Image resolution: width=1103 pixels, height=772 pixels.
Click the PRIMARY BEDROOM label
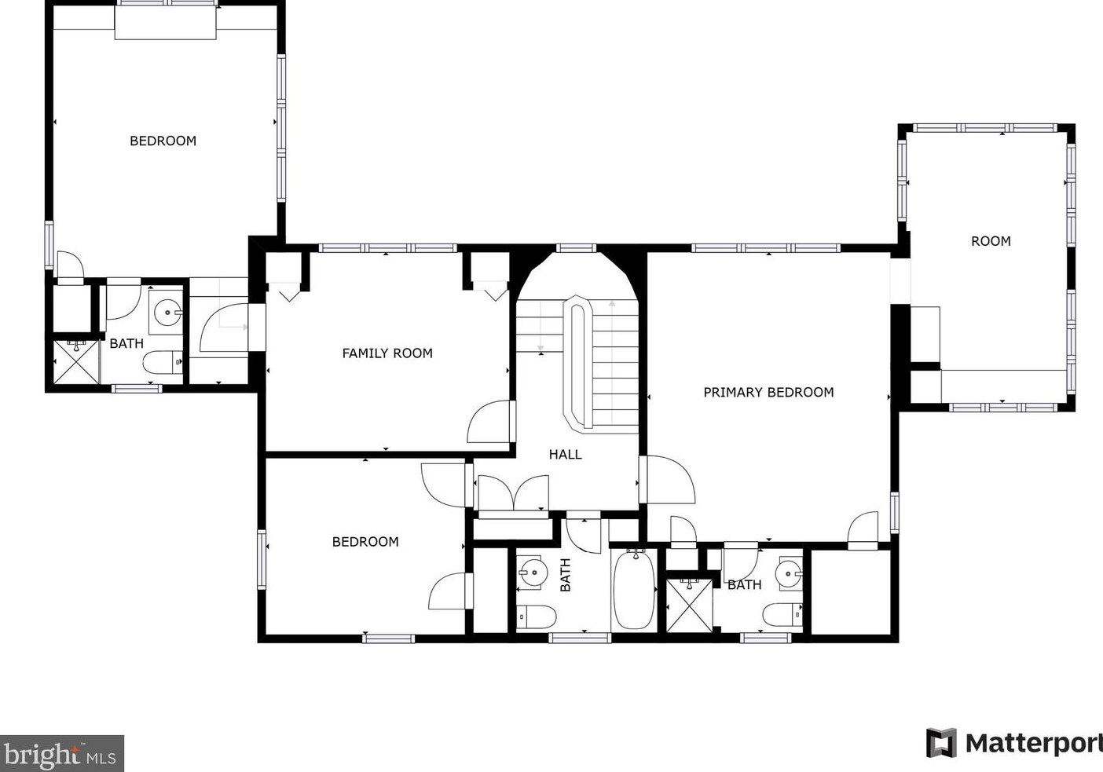pos(768,392)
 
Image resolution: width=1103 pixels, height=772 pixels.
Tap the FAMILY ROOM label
pos(387,353)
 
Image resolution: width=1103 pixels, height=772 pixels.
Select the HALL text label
pos(566,454)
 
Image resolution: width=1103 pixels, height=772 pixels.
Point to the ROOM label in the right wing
pos(991,241)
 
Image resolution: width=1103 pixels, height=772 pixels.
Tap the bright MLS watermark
pos(61,754)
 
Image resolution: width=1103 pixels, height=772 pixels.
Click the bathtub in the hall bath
pos(635,589)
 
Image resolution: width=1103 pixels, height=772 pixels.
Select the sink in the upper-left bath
pos(167,312)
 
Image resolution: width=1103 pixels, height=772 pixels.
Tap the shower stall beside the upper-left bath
pos(76,362)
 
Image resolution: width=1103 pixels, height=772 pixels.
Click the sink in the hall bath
pos(531,573)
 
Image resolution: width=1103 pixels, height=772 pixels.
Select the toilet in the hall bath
pos(537,617)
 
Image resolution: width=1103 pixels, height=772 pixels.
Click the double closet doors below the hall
pos(514,494)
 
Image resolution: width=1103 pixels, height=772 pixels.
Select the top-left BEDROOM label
pos(163,141)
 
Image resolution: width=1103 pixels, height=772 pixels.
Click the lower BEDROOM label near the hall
pos(365,542)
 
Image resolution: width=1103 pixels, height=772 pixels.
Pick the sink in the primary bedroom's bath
pos(789,573)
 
